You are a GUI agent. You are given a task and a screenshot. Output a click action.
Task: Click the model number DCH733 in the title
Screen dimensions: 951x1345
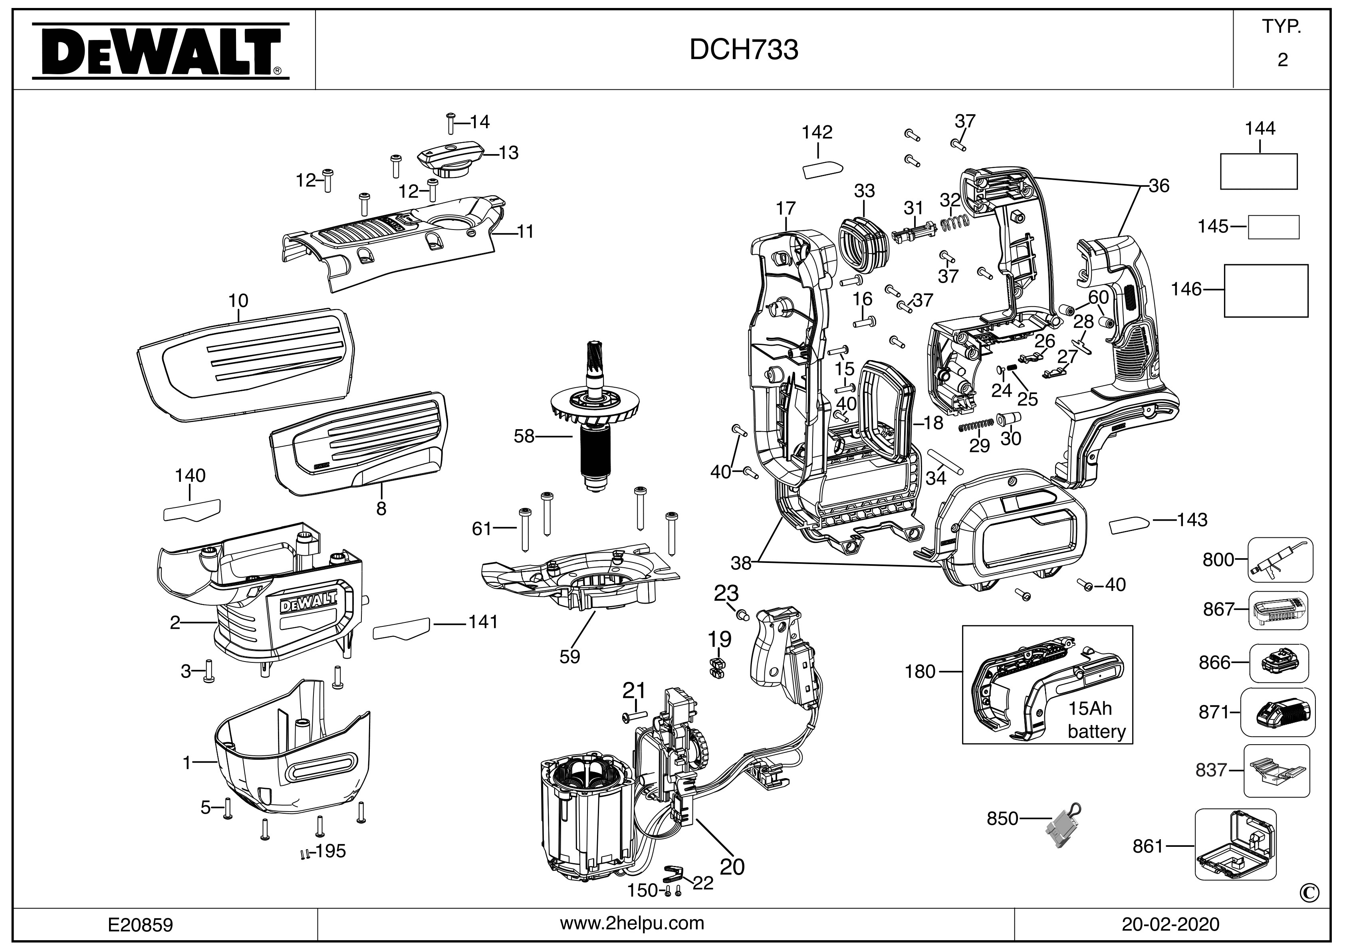coord(743,50)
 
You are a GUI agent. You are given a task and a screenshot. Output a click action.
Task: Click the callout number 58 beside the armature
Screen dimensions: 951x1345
coord(524,436)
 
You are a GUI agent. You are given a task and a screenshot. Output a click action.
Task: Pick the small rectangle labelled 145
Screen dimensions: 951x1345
coord(1274,227)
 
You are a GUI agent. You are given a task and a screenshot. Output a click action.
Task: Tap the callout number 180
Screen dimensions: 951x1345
coord(920,672)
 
